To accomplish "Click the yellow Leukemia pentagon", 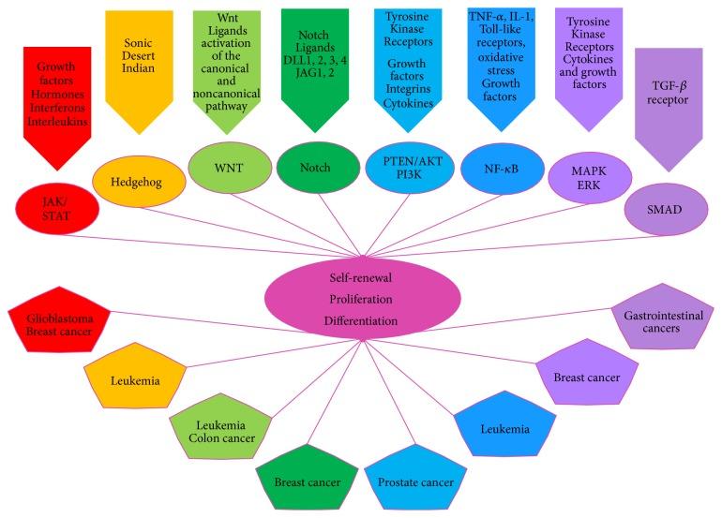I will (134, 380).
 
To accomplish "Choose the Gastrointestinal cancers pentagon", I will (662, 322).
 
